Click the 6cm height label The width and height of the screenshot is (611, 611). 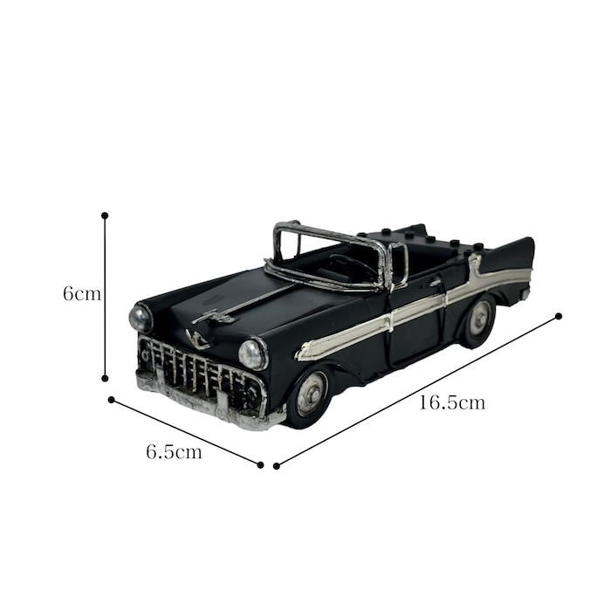(82, 293)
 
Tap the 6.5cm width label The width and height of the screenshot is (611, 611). (175, 452)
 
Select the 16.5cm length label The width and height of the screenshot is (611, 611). (452, 402)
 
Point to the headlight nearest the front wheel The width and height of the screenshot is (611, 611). (253, 354)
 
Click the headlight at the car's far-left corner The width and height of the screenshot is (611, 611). (141, 318)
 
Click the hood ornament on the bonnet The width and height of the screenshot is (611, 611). (214, 317)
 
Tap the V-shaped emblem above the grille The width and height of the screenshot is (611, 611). (199, 340)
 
